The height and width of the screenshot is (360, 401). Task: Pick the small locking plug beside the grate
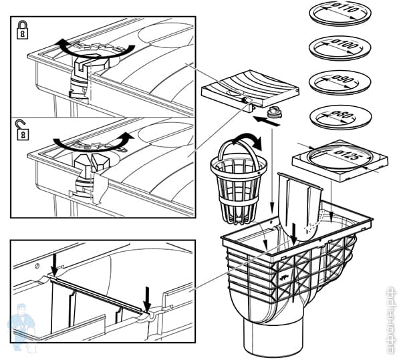pos(273,114)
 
